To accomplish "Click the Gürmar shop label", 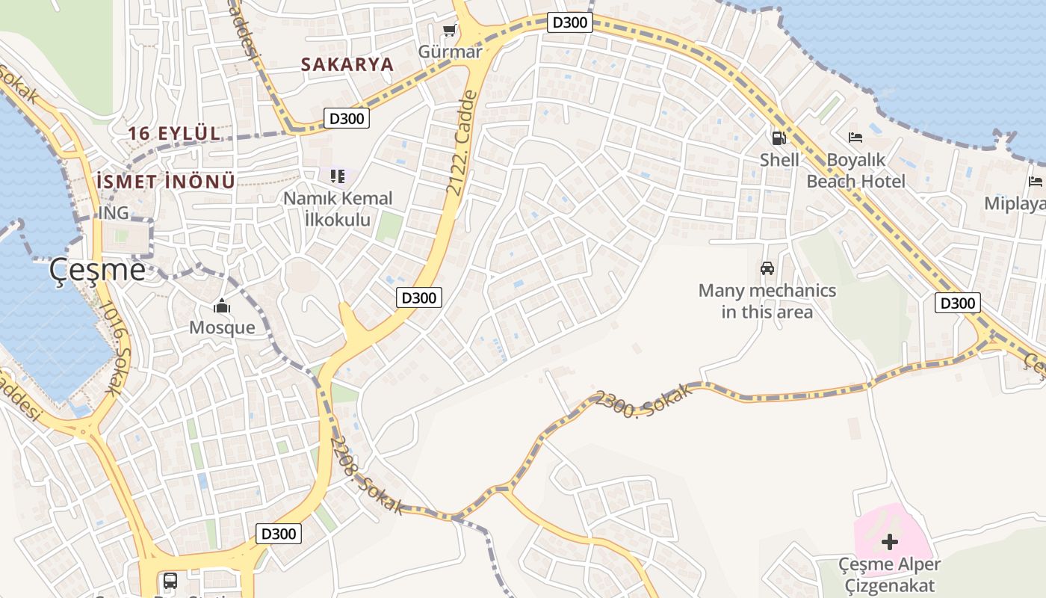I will tap(450, 52).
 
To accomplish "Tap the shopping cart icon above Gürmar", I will tap(449, 31).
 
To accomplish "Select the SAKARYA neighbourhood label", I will tap(347, 64).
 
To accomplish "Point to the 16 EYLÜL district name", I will tap(174, 134).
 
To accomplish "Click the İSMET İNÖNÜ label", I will tap(166, 181).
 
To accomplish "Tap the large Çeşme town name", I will tap(97, 269).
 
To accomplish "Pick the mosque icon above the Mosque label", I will tap(222, 306).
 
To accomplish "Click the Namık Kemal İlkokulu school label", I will tap(338, 209).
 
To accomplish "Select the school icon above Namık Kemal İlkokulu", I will tap(338, 176).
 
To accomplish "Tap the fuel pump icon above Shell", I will tap(779, 138).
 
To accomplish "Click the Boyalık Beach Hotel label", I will tap(855, 170).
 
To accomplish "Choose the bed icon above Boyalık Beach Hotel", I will tap(855, 138).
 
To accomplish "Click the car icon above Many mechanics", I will tap(767, 268).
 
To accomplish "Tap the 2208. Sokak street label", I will tap(367, 475).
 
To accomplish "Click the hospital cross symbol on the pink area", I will tap(889, 541).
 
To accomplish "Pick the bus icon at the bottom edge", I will tap(170, 580).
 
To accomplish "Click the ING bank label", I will tap(114, 213).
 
